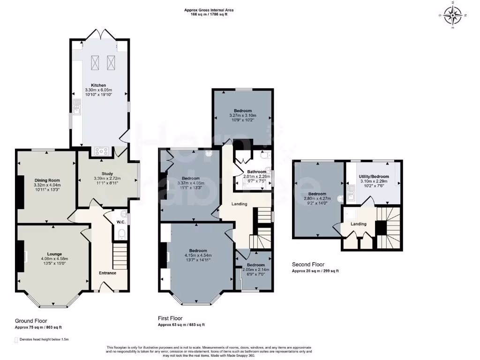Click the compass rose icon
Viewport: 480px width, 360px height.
(452, 15)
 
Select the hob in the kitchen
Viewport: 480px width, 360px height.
(101, 151)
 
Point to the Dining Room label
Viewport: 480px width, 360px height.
(47, 180)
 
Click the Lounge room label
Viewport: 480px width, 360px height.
(54, 254)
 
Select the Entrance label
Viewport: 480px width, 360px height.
(107, 273)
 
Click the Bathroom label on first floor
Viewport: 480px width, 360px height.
(257, 172)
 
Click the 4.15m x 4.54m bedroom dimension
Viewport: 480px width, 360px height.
(197, 255)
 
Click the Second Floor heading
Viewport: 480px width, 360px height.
(308, 264)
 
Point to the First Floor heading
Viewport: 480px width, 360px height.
(170, 318)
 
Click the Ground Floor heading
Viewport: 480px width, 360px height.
(31, 321)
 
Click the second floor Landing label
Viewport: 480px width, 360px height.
(359, 224)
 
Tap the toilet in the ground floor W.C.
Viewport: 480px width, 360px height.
(121, 233)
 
